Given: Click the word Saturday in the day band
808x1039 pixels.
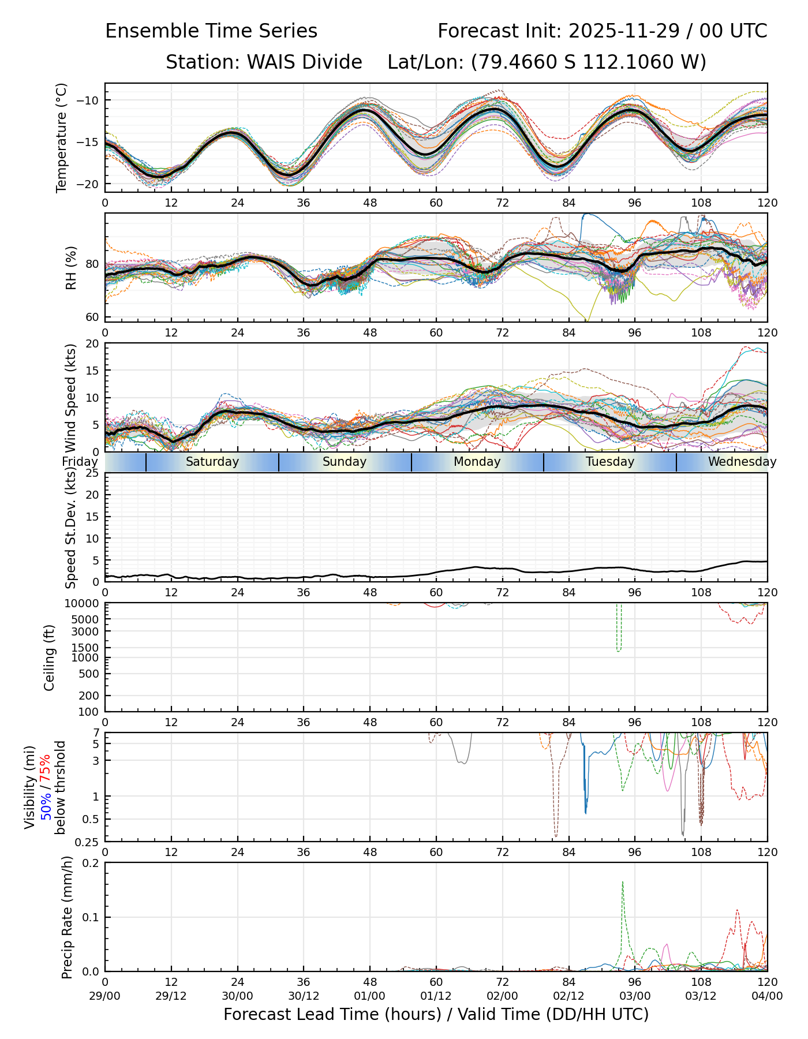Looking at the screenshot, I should tap(212, 462).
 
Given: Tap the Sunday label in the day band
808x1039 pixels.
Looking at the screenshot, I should tap(345, 462).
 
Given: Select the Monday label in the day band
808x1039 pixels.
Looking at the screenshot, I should tap(477, 462).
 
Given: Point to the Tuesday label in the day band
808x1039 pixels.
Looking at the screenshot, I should tap(610, 462).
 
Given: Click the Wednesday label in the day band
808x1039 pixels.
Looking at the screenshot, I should tap(742, 462).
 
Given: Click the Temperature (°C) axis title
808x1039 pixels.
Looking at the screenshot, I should tap(62, 137).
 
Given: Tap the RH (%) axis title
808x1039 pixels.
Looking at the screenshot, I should tap(72, 267).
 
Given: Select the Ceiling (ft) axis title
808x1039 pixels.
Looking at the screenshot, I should tap(50, 657).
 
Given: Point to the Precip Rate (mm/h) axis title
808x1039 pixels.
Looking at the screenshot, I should tap(68, 917).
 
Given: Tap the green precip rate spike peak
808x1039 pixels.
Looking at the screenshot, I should tap(623, 882).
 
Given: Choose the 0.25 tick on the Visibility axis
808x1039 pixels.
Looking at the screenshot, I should tap(87, 842).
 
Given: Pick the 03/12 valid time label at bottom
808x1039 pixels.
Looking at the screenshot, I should tap(701, 996).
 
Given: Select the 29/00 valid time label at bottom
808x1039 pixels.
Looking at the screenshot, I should tap(105, 996).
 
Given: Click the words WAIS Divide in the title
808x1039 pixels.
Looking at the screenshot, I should tap(304, 62).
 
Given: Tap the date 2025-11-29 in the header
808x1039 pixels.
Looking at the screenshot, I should tap(622, 31).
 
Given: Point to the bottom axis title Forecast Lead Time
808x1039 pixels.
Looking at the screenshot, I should tap(332, 1014).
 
